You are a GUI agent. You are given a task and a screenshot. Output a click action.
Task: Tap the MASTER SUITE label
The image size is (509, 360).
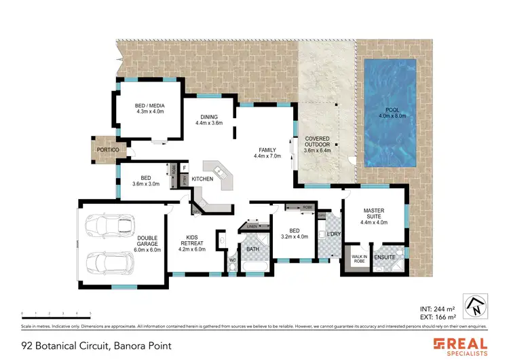pyautogui.click(x=373, y=213)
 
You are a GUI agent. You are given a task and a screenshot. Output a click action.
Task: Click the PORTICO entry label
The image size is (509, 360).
pyautogui.click(x=108, y=149)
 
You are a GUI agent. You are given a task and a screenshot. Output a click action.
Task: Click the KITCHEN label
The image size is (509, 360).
pyautogui.click(x=202, y=179)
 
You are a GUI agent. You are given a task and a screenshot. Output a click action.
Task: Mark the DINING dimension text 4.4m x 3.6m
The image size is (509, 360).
pyautogui.click(x=209, y=123)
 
